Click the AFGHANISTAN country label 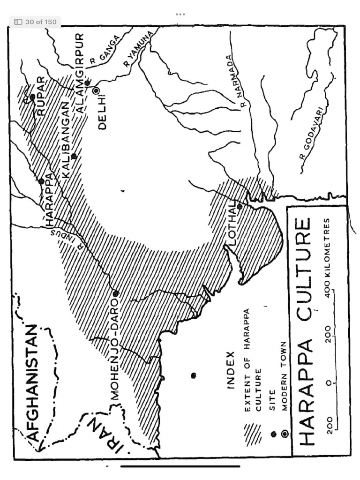[32, 382]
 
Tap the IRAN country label [106, 435]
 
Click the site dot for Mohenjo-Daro [116, 293]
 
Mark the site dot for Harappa [41, 181]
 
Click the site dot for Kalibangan [74, 156]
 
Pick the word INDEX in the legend [231, 370]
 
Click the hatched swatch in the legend [253, 434]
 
